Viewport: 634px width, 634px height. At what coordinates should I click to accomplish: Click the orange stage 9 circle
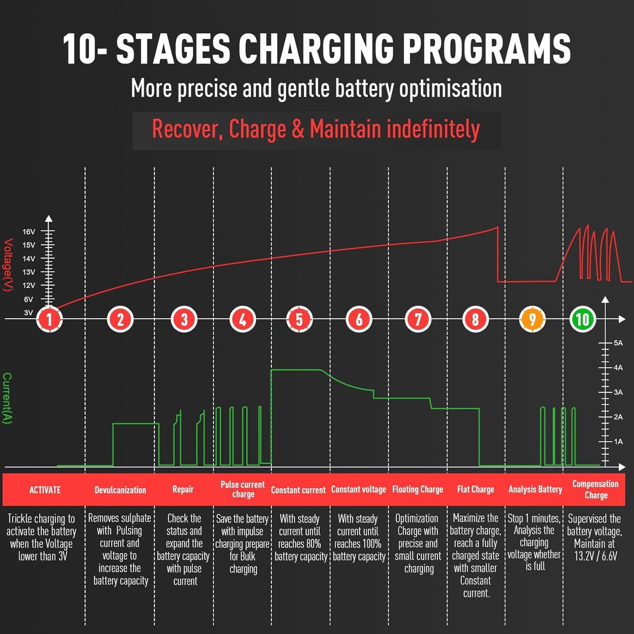532,319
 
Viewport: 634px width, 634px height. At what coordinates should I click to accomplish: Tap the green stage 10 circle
582,319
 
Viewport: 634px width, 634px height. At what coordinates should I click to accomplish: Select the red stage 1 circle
49,319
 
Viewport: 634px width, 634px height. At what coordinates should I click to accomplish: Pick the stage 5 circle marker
299,319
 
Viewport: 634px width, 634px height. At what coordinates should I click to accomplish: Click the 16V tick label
29,232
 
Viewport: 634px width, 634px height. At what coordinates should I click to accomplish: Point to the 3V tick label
28,313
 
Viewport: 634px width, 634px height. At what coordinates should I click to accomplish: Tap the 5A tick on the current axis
618,343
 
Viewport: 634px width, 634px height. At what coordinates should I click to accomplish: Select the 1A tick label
618,442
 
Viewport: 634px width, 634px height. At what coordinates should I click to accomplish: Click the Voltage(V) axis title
8,265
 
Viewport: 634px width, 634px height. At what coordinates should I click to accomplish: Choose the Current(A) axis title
7,398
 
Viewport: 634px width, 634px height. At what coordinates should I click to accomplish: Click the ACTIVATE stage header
45,490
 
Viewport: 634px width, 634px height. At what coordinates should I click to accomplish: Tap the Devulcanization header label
120,490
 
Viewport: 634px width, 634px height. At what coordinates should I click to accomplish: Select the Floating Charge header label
418,489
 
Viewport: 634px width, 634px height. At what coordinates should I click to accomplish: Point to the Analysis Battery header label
535,489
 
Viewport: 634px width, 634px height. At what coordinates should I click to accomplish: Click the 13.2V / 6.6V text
595,556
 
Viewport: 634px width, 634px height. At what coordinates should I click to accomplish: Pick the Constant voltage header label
358,489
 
